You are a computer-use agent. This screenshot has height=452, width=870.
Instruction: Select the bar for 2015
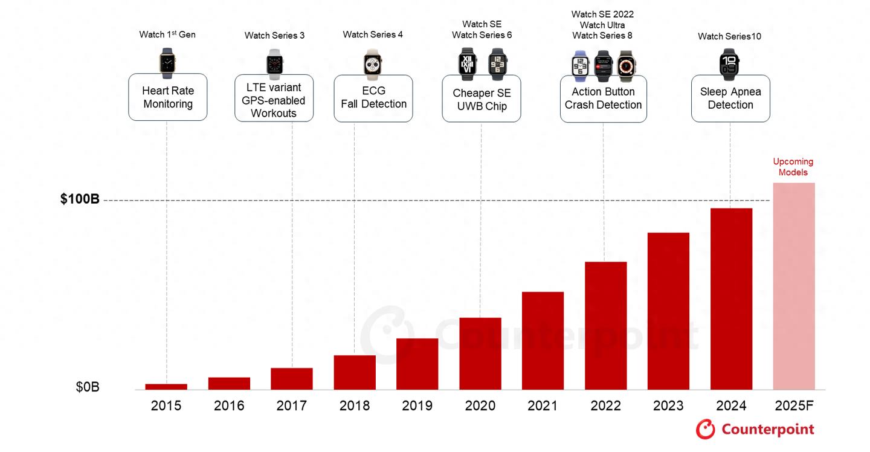coord(166,387)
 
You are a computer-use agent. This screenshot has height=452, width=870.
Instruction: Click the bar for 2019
coord(417,364)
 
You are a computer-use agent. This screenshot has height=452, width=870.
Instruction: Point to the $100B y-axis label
coord(80,199)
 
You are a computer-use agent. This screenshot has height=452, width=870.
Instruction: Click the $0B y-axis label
coord(87,387)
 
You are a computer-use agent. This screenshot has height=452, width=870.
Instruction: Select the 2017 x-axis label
coord(291,406)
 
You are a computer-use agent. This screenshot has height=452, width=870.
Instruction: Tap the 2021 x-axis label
coord(543,406)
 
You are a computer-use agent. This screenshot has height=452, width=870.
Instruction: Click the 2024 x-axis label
coord(731,406)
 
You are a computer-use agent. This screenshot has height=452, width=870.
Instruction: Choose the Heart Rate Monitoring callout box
coord(168,97)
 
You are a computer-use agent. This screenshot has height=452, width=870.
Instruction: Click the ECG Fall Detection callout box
coord(373,98)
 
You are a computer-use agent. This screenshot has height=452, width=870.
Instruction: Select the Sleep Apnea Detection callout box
coord(730,98)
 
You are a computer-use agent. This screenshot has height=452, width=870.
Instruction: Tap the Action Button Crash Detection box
coord(603,98)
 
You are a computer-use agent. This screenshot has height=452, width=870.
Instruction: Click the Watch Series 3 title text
coord(274,36)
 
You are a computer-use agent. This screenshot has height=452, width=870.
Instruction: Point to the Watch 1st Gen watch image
coord(167,63)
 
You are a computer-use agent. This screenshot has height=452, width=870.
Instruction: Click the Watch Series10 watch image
coord(730,64)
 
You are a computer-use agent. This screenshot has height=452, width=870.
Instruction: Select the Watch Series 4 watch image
coord(373,63)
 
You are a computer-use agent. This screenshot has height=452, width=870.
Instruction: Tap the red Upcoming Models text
coord(793,167)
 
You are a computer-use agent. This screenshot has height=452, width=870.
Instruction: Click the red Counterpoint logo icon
coord(705,429)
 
